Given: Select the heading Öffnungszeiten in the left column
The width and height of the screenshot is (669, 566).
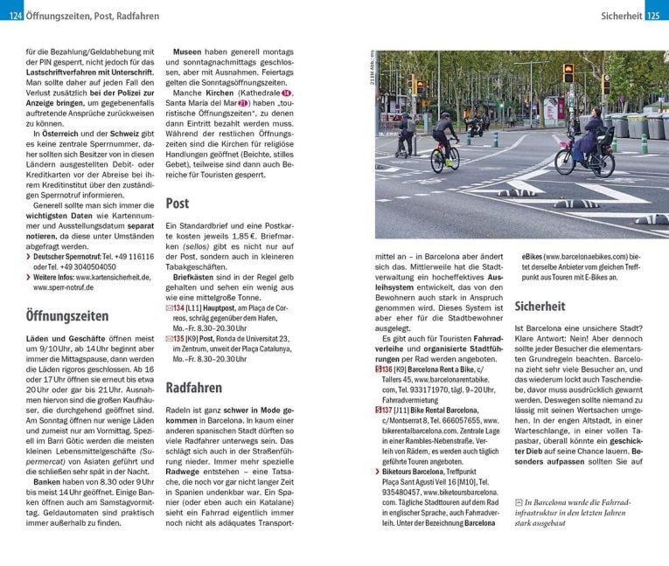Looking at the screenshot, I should tap(67, 315).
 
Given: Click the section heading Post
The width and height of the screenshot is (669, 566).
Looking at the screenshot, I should tap(178, 203).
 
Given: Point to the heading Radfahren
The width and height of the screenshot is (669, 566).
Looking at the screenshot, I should tap(193, 387).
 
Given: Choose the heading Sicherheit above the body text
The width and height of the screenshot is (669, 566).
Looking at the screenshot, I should tap(540, 307).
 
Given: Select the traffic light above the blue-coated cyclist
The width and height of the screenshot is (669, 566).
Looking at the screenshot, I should tap(568, 73).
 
